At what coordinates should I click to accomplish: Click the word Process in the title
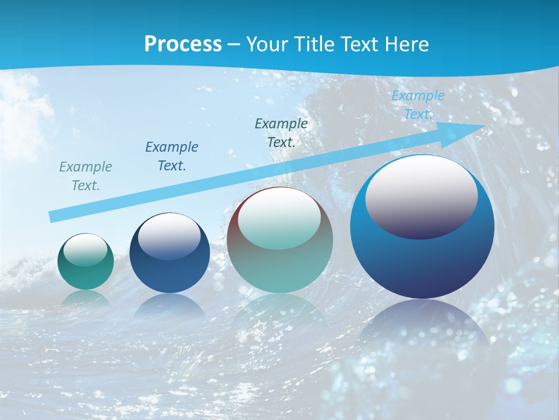[183, 44]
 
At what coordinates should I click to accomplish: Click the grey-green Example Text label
[86, 176]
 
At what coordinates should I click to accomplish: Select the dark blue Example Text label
[172, 156]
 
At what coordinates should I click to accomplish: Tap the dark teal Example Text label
[281, 132]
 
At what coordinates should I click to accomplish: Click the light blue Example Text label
[418, 105]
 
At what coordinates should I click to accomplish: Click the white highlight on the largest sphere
[421, 197]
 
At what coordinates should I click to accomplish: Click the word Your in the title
[265, 44]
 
